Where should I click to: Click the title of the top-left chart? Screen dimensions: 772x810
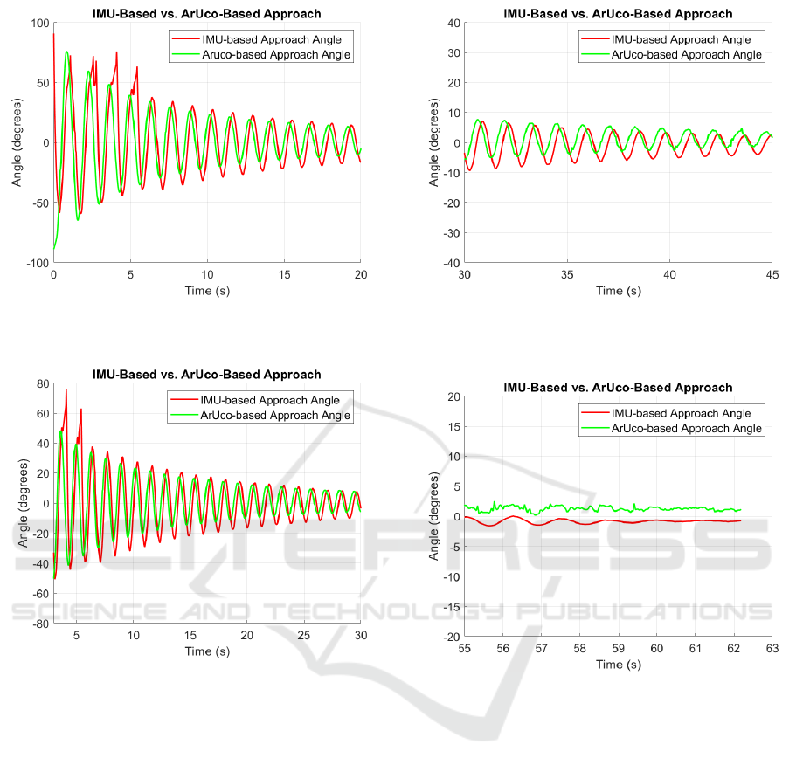[207, 14]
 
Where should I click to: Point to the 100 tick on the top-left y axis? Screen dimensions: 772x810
[39, 23]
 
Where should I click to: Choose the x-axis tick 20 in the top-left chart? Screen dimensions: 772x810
[360, 275]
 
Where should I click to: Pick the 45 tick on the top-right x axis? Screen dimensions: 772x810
[772, 275]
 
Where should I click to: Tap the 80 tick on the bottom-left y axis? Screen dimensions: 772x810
[39, 383]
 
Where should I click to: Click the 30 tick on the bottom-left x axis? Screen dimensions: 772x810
[360, 636]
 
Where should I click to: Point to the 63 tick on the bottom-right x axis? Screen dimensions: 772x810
[772, 649]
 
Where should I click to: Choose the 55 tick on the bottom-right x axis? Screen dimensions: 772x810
[464, 649]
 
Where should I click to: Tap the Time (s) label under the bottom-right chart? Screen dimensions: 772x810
[618, 665]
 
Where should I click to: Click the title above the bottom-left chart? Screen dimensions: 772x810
[207, 375]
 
